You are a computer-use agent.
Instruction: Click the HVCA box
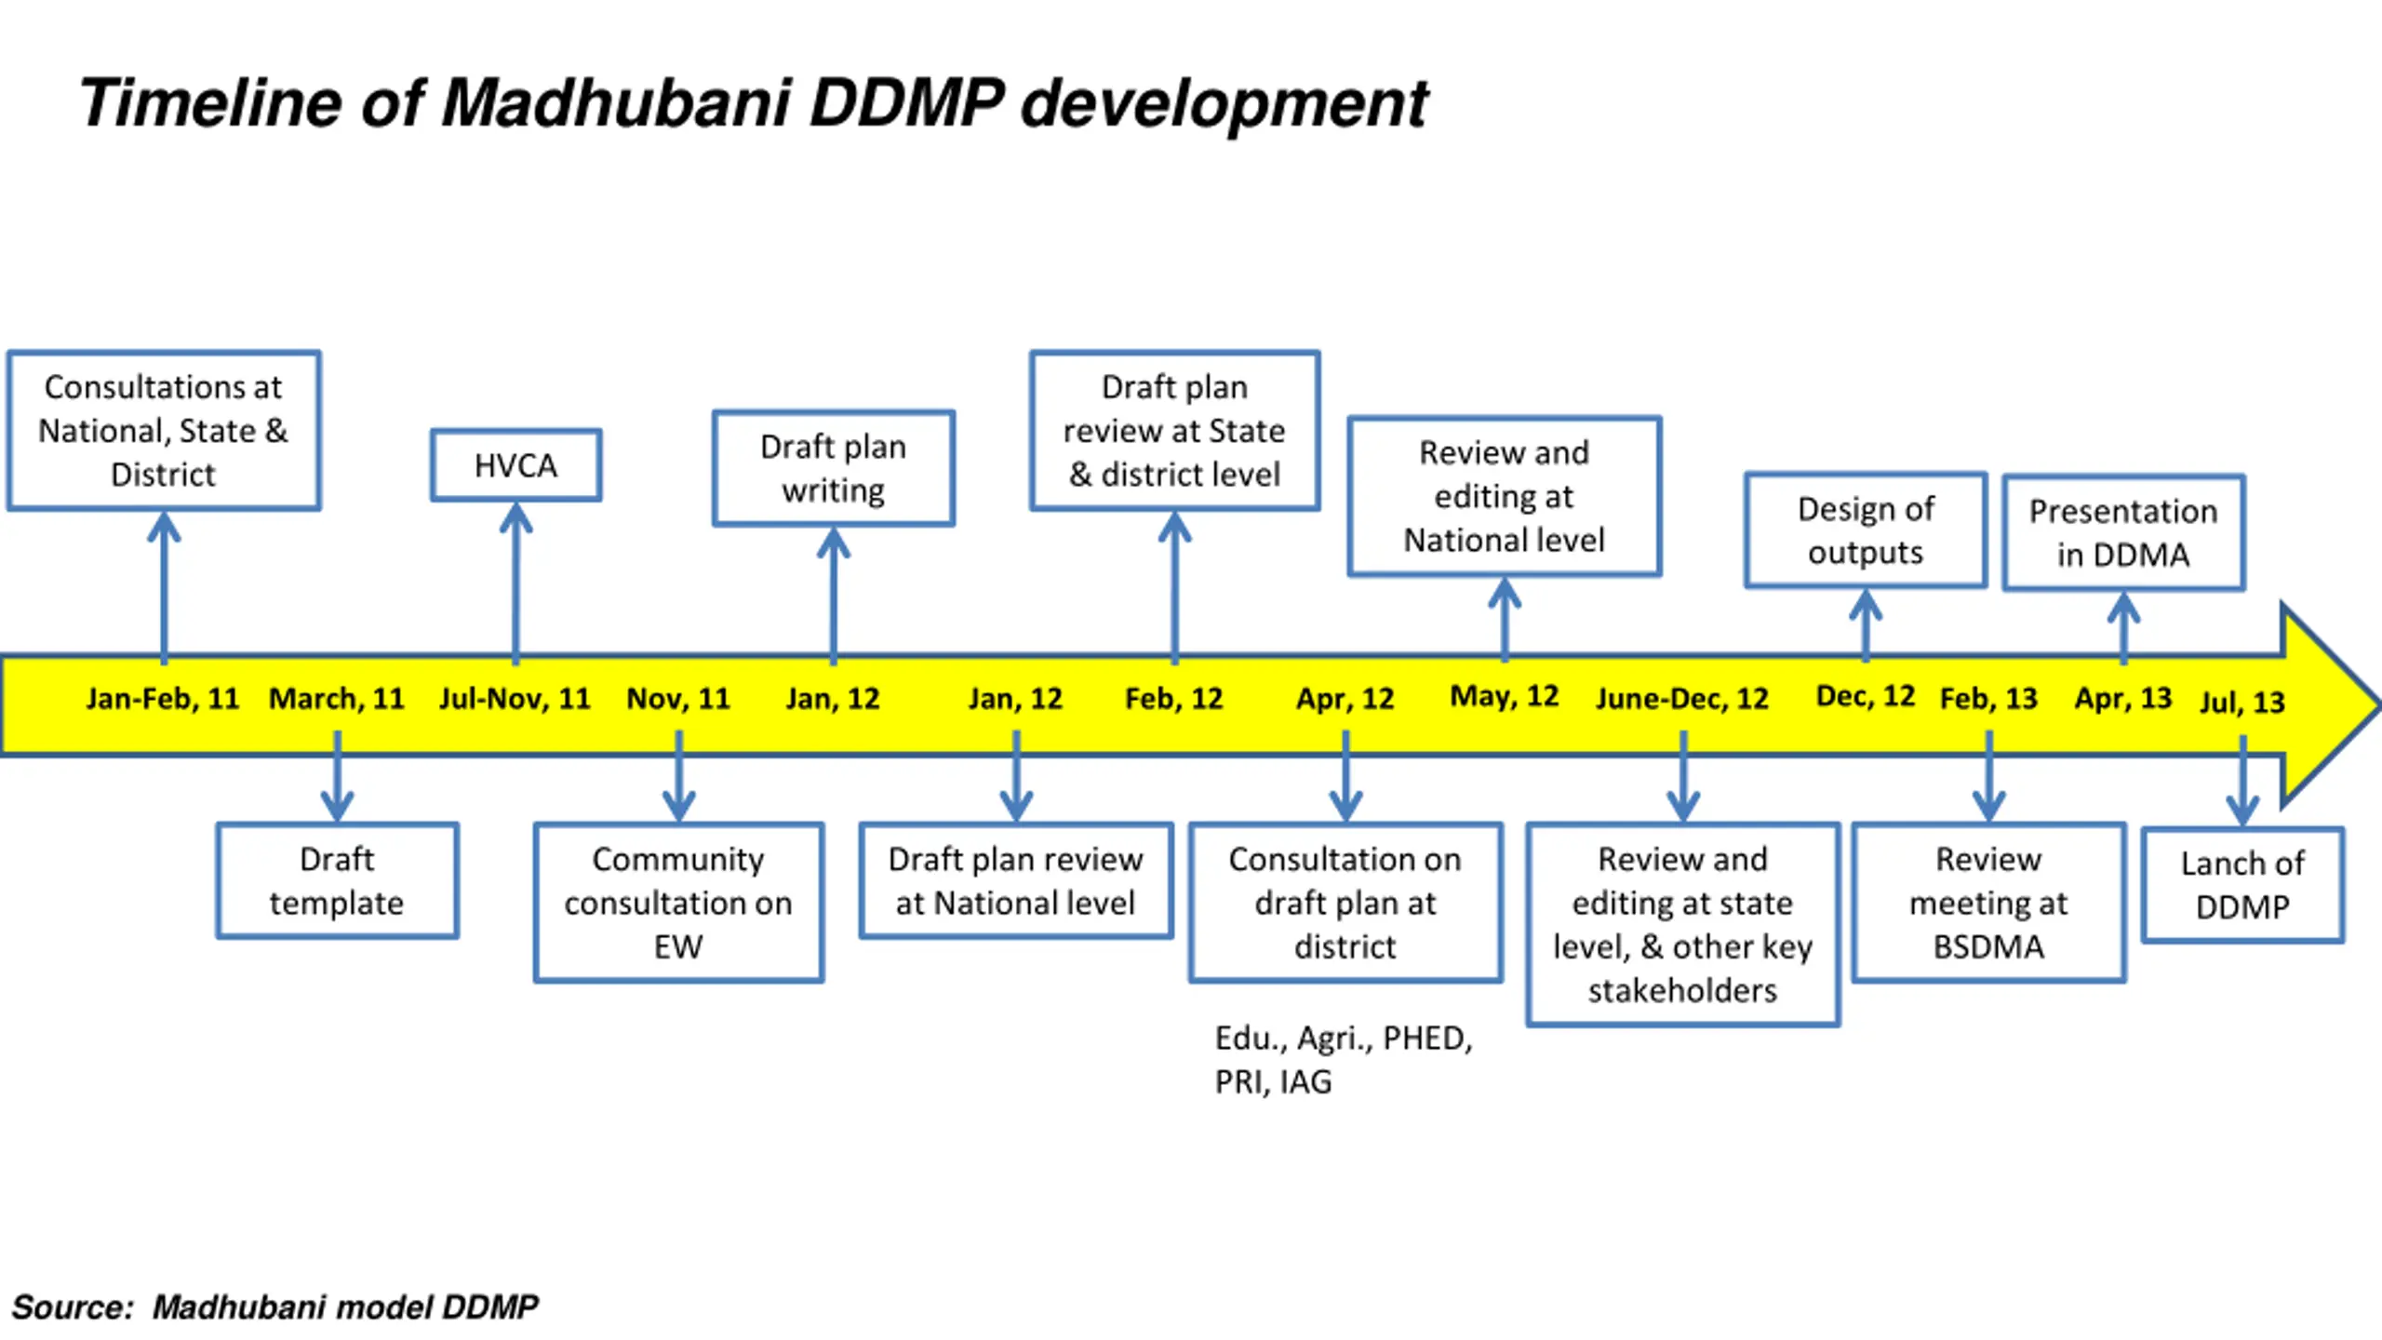(x=515, y=465)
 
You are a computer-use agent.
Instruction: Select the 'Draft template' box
(x=337, y=880)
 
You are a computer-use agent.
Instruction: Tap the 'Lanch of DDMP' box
(x=2242, y=885)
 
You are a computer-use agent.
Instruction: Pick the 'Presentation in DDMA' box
(x=2123, y=532)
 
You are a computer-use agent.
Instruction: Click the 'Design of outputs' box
(x=1866, y=530)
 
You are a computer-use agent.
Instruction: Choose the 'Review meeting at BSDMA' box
(x=1988, y=902)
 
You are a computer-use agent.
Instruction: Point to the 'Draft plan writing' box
(x=833, y=468)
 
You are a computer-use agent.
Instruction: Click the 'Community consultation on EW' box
(x=678, y=902)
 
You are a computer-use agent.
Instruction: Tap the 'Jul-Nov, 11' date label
(x=515, y=698)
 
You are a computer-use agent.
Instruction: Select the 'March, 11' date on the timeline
(x=337, y=698)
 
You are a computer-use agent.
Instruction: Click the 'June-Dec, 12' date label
(x=1682, y=698)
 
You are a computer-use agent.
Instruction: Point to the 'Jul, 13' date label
(x=2242, y=702)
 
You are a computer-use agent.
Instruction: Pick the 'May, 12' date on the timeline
(x=1505, y=696)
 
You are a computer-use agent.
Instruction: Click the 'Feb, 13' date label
(x=1988, y=698)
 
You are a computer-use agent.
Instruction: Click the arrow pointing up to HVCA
(x=515, y=583)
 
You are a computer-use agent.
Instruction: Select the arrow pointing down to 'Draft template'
(x=337, y=776)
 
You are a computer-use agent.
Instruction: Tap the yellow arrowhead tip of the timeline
(x=2378, y=704)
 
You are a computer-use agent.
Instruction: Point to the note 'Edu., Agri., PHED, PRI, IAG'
(x=1344, y=1060)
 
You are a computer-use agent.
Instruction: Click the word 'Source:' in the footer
(x=74, y=1307)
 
